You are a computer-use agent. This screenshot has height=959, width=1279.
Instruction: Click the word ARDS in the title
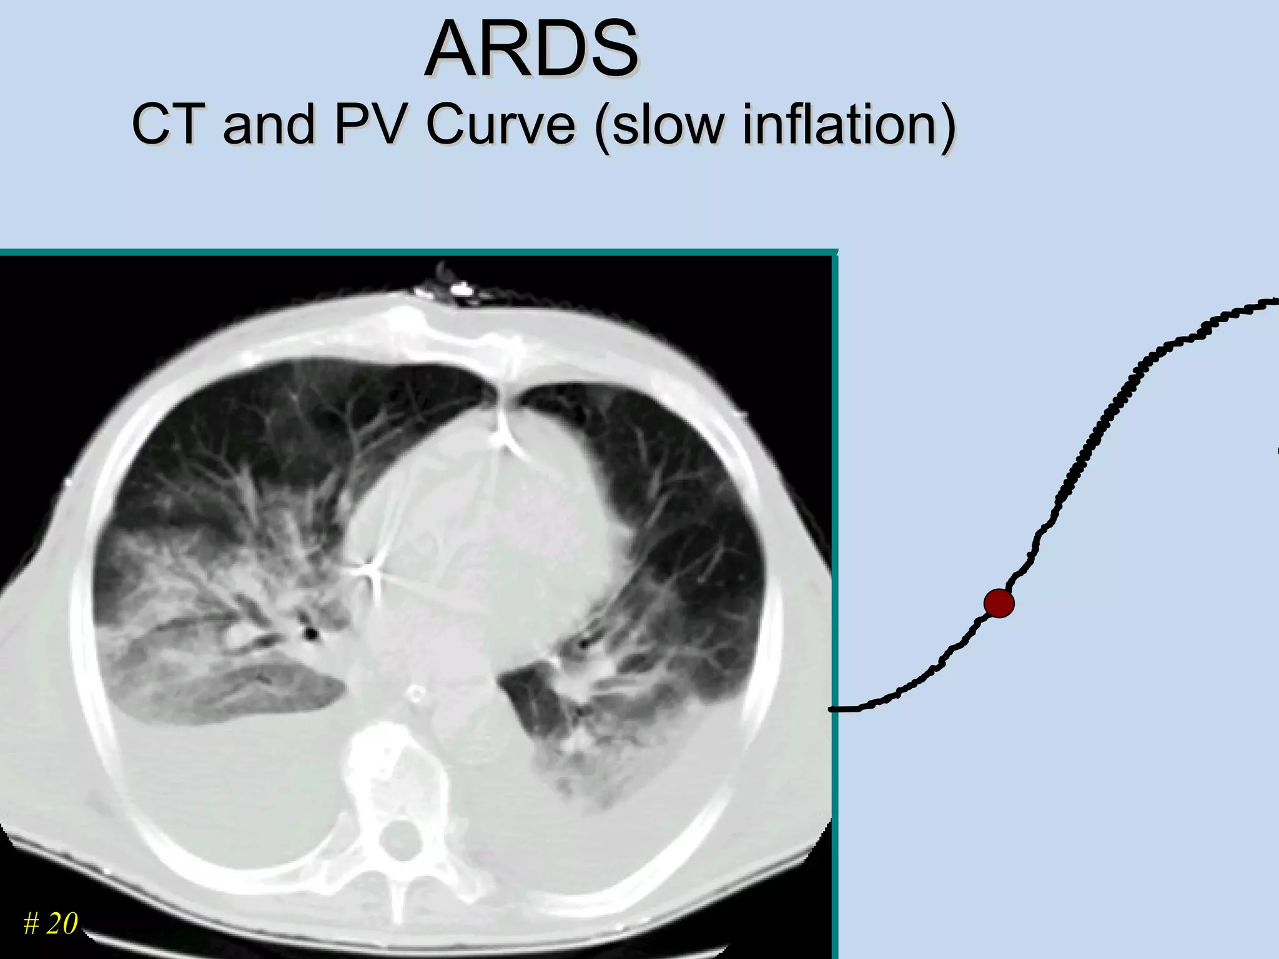coord(532,50)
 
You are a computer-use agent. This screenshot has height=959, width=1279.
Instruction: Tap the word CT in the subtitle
coord(167,125)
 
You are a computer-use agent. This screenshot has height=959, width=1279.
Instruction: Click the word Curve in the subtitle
coord(500,125)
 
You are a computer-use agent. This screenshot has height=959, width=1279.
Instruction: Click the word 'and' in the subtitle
coord(269,125)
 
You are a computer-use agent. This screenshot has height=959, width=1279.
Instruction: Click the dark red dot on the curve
coord(999,603)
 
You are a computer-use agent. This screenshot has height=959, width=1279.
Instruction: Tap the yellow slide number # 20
coord(51,923)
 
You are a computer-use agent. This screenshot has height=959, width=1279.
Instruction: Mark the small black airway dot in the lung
coord(310,634)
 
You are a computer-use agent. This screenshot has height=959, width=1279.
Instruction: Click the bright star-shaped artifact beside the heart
coord(370,569)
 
